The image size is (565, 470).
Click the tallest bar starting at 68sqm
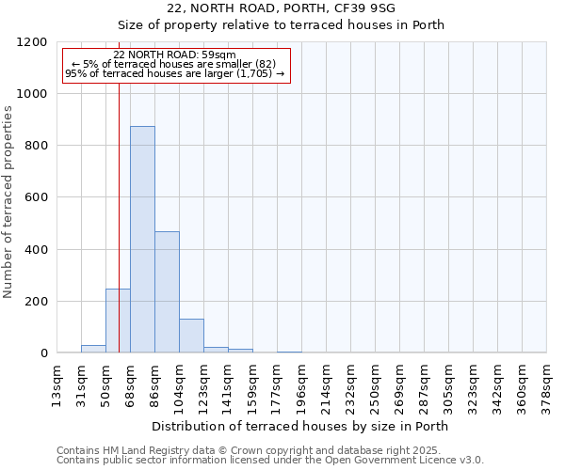[x=142, y=240]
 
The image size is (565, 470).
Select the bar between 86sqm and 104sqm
[x=167, y=291]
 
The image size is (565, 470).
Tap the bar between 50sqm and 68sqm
[x=118, y=321]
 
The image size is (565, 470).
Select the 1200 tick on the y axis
[x=35, y=42]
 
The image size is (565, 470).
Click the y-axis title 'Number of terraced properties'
[x=8, y=202]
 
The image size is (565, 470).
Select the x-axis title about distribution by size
[x=301, y=426]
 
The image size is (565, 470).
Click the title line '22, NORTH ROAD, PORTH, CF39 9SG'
[x=301, y=8]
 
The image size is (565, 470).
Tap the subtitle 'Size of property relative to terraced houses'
[x=301, y=25]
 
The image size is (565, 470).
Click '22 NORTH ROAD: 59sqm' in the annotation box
[x=174, y=55]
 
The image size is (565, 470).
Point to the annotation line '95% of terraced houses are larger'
[x=174, y=73]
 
